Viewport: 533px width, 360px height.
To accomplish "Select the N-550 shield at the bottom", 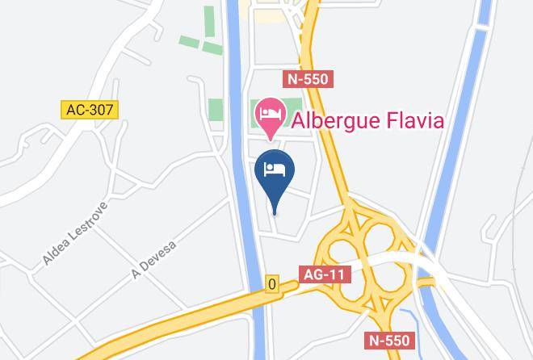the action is click(x=388, y=340).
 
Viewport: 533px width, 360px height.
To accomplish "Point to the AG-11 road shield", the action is click(x=325, y=274).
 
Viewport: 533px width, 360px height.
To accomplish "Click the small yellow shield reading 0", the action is click(x=272, y=284).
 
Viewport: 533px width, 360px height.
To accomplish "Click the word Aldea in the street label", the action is click(x=59, y=252).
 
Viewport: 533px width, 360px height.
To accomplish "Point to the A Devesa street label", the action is click(x=153, y=256).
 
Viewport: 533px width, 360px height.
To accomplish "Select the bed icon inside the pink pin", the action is click(x=270, y=112).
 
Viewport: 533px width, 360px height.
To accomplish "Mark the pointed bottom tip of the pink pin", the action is click(x=270, y=138).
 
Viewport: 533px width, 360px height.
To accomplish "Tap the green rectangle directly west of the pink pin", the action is click(x=216, y=109).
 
